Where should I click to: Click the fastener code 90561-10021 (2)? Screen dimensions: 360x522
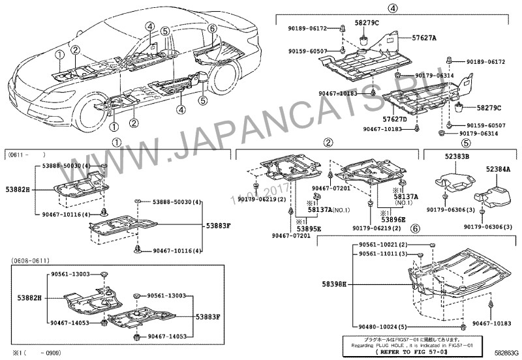pyautogui.click(x=383, y=244)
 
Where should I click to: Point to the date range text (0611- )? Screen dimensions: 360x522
pyautogui.click(x=26, y=156)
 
